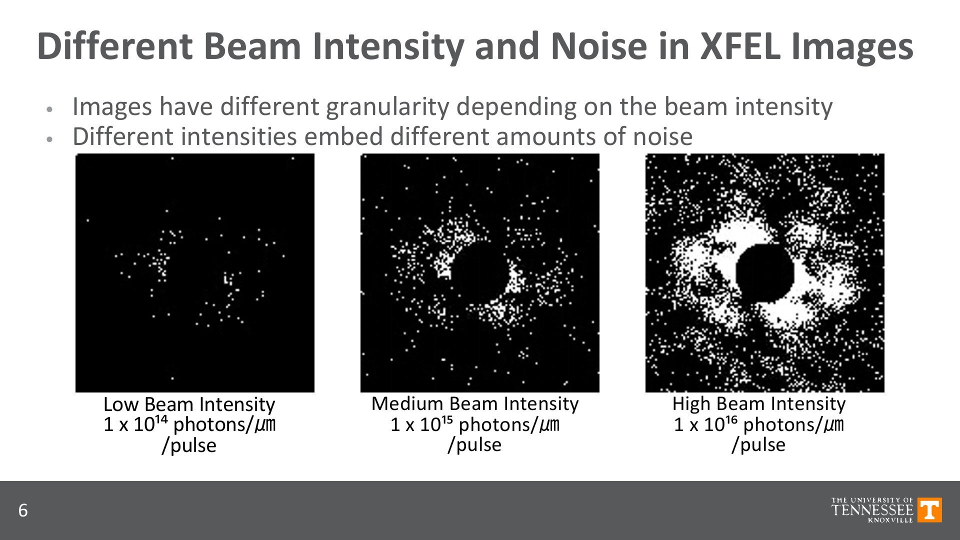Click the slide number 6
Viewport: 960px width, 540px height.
23,511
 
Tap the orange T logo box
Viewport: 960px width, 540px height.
930,510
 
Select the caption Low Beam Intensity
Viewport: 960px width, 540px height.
189,404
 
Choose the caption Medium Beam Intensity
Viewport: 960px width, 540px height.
475,403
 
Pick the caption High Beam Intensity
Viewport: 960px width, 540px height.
759,403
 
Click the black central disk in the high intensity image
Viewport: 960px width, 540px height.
765,273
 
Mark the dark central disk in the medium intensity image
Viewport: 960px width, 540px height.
481,272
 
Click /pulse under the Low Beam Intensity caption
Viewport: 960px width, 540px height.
188,445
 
